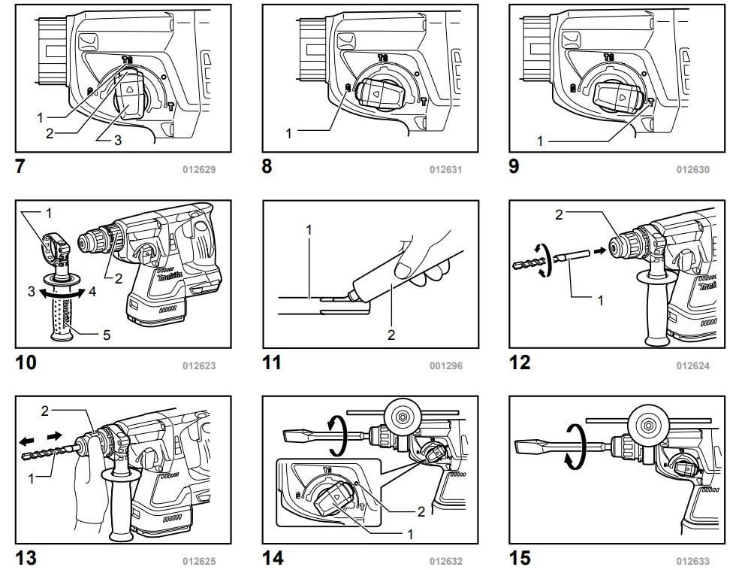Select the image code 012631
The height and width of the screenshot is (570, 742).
click(x=445, y=170)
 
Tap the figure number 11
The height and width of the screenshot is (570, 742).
click(x=271, y=362)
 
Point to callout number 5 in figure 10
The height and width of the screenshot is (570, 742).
click(x=106, y=335)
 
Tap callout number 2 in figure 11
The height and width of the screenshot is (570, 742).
click(x=391, y=334)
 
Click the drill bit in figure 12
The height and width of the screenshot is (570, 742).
click(x=530, y=265)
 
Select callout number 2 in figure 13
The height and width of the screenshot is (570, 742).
click(x=45, y=411)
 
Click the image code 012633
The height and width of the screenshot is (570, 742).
click(x=692, y=560)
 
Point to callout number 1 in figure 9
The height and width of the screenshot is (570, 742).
click(x=540, y=141)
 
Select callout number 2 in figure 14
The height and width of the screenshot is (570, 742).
click(x=421, y=511)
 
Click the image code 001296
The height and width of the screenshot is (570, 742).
click(x=446, y=366)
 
